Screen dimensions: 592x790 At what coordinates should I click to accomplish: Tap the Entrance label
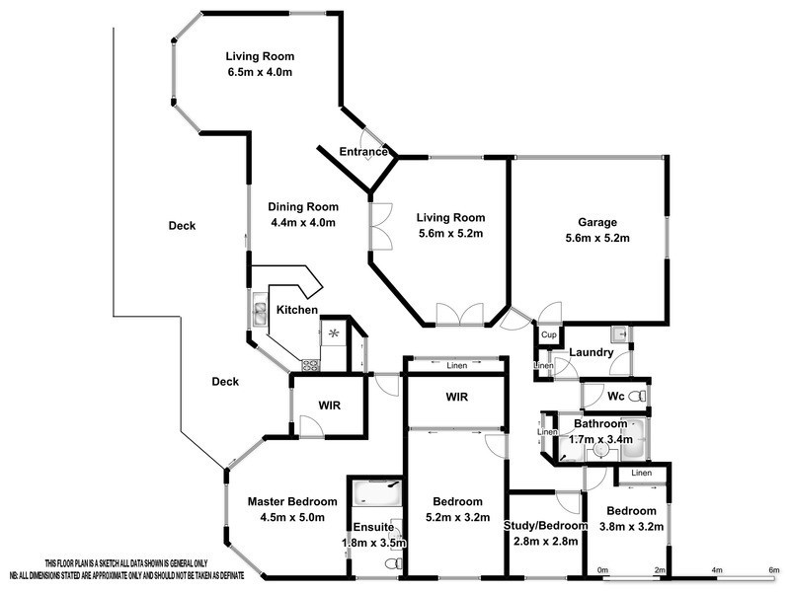(x=362, y=152)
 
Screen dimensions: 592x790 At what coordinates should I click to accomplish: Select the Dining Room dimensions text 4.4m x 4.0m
(x=303, y=223)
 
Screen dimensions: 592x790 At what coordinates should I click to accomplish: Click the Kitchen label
(x=296, y=310)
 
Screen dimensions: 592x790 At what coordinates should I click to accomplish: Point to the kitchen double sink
(x=259, y=314)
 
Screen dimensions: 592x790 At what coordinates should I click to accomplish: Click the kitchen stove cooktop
(x=309, y=364)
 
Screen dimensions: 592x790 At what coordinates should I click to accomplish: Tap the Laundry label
(x=592, y=352)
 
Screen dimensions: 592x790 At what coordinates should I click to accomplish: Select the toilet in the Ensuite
(x=392, y=563)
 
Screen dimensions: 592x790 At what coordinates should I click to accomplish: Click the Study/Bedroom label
(x=546, y=526)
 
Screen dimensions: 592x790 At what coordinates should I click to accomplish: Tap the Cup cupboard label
(x=549, y=335)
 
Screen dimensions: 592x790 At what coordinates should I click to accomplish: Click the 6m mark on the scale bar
(x=773, y=570)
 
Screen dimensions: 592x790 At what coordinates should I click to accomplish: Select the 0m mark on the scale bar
(x=602, y=570)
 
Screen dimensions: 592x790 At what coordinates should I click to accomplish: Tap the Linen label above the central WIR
(x=456, y=367)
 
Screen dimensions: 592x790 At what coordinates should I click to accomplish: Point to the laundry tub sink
(x=619, y=333)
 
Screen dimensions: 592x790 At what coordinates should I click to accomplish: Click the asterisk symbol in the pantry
(x=334, y=333)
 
